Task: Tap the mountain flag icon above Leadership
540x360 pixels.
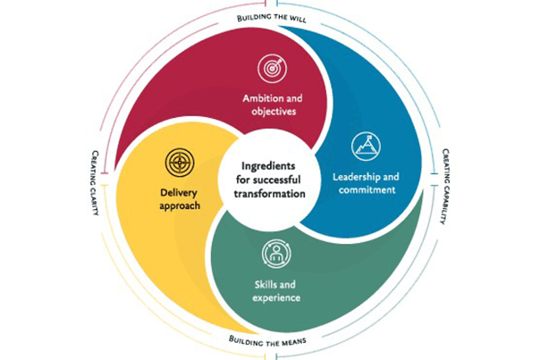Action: point(363,143)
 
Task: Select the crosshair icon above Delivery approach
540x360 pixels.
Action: point(180,163)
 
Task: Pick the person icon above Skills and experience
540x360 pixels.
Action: point(275,255)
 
